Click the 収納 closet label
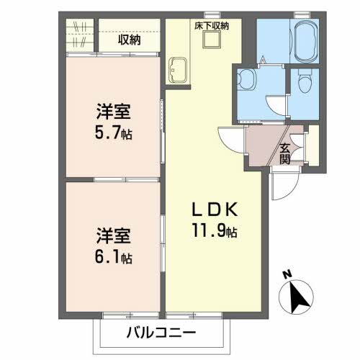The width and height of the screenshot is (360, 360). click(129, 40)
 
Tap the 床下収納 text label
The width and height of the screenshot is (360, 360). click(212, 26)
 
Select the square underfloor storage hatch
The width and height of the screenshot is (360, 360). click(212, 39)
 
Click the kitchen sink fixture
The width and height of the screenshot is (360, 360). click(178, 71)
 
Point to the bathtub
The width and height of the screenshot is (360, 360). click(305, 42)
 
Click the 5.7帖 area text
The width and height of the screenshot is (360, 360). click(114, 132)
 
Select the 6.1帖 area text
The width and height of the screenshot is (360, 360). click(114, 257)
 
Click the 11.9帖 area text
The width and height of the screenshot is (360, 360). click(215, 230)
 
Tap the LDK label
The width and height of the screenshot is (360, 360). click(215, 210)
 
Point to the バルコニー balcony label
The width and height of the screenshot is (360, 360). click(161, 333)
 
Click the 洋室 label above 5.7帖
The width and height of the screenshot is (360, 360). click(114, 112)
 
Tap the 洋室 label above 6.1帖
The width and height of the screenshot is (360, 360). click(114, 236)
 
